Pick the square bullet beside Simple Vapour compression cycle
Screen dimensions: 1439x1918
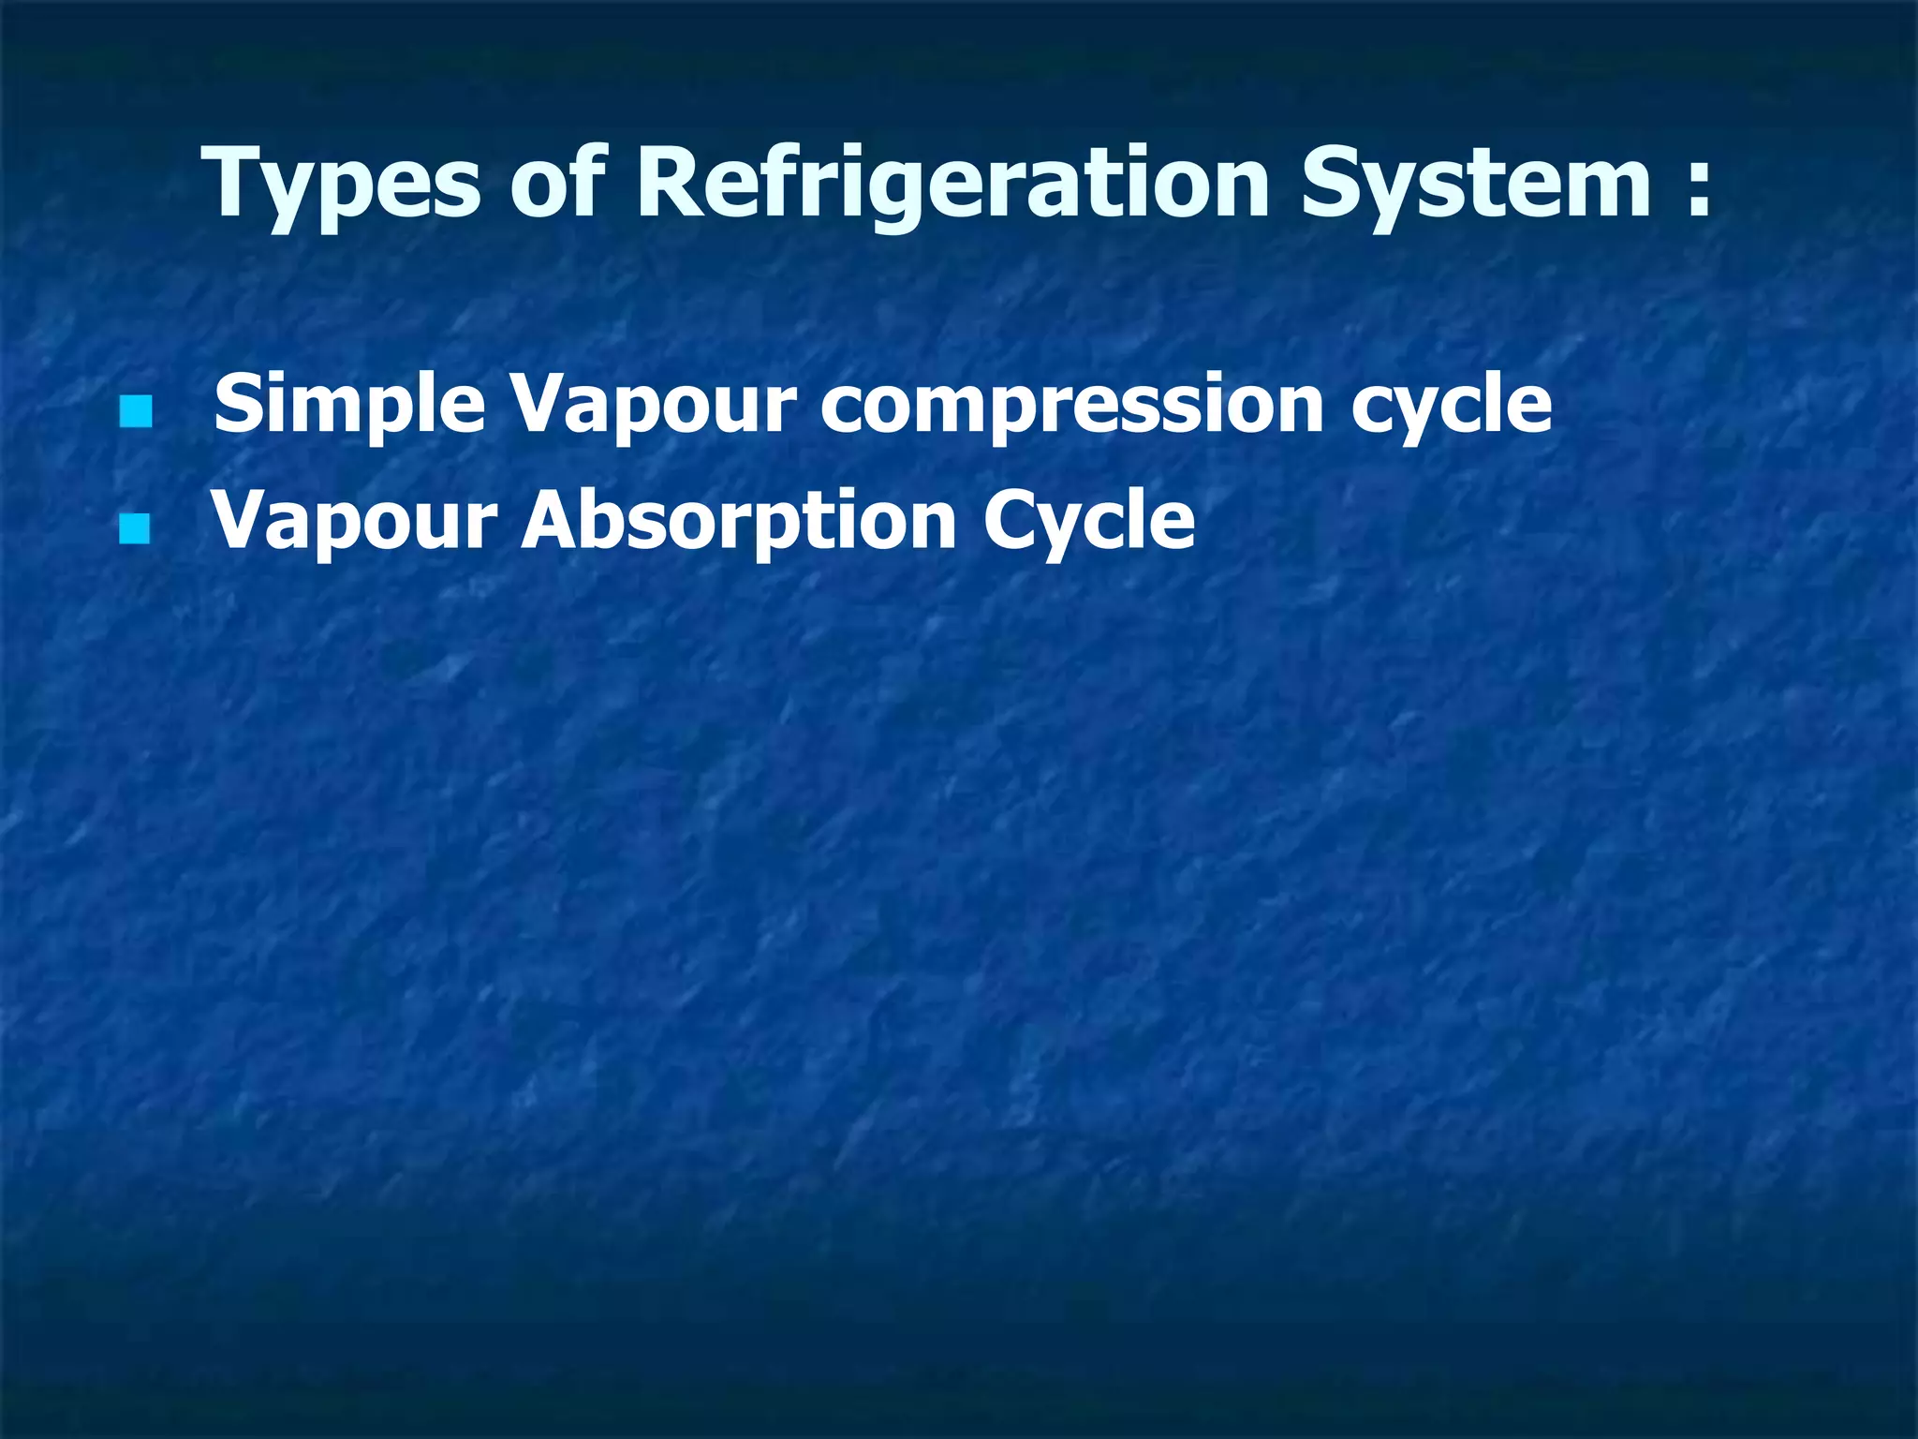pyautogui.click(x=136, y=411)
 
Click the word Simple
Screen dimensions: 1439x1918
pyautogui.click(x=349, y=405)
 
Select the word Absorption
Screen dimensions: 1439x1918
pyautogui.click(x=739, y=521)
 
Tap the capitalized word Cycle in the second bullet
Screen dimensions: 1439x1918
pyautogui.click(x=1088, y=521)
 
